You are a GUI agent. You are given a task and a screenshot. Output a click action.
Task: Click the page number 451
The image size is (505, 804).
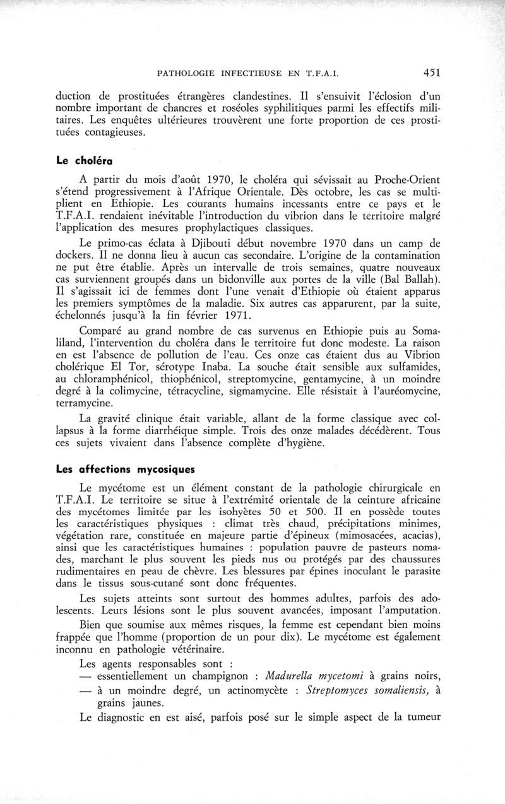click(431, 73)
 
